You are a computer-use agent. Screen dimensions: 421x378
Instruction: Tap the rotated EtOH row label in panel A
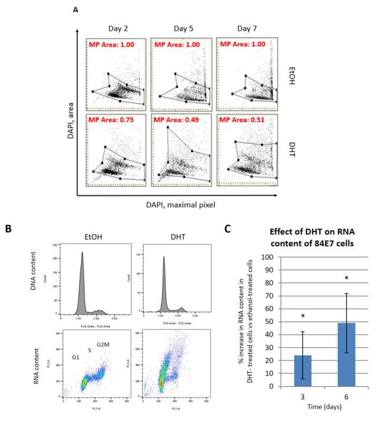[291, 75]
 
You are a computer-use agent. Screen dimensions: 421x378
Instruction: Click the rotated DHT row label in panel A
[291, 151]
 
